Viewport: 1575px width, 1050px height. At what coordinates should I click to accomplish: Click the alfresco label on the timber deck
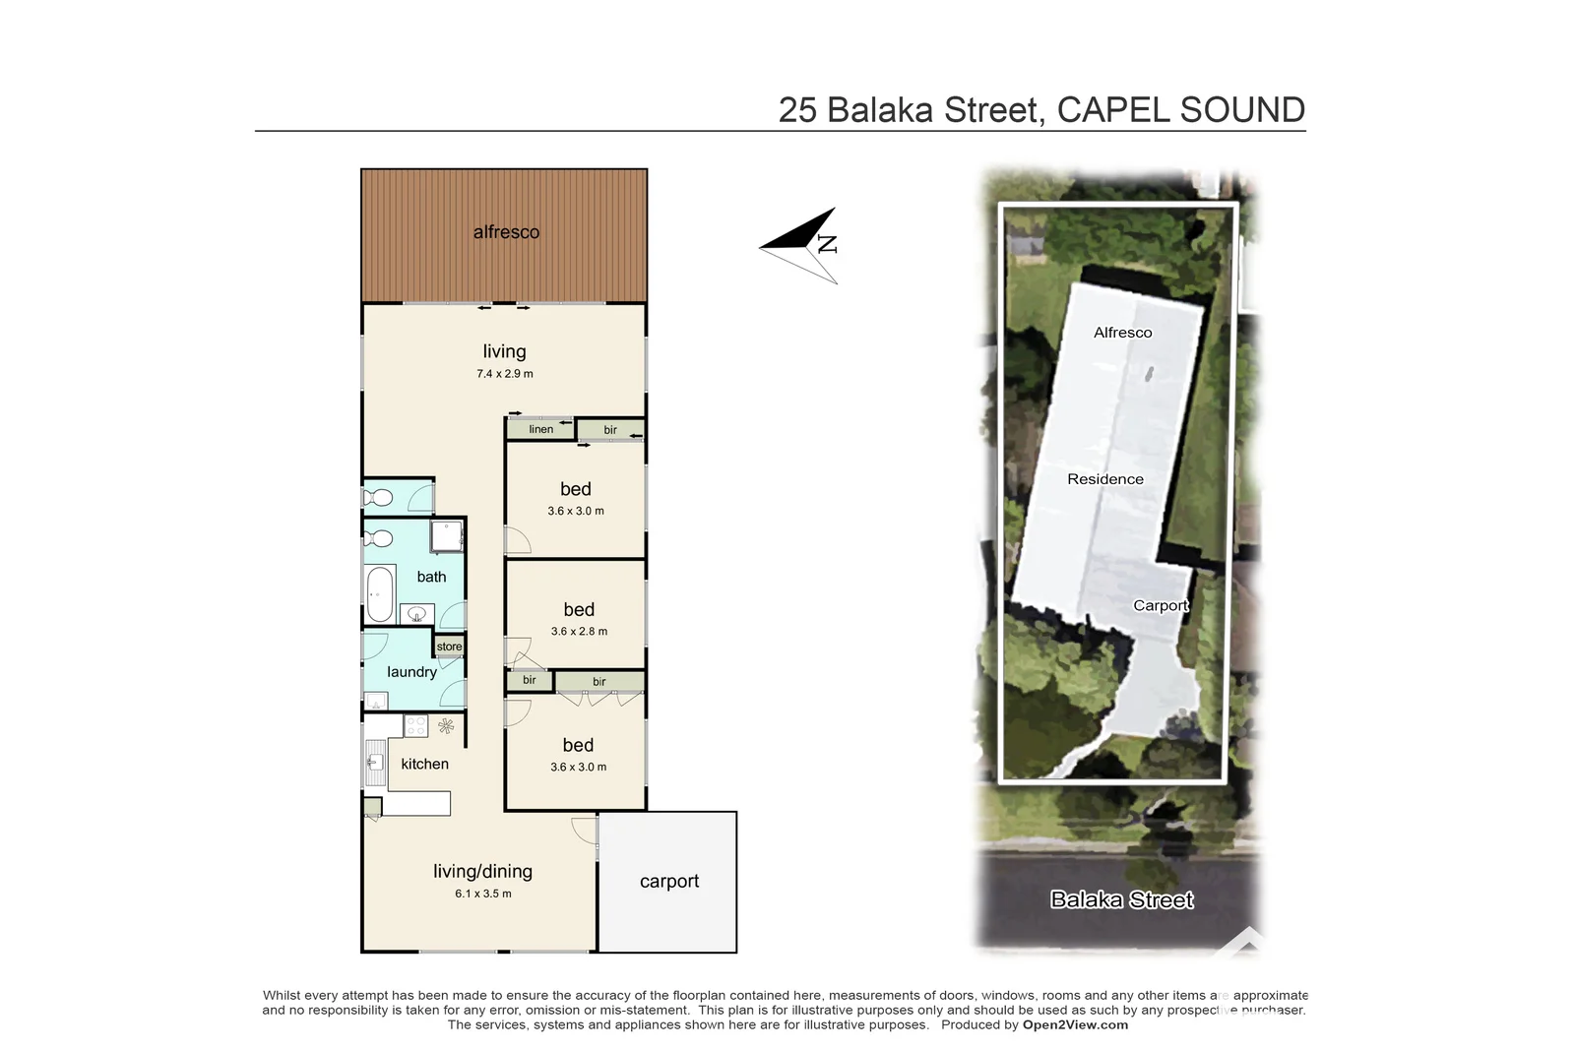(x=506, y=232)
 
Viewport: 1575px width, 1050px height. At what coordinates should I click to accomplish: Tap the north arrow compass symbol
(x=799, y=245)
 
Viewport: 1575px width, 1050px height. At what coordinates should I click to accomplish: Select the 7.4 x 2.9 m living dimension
(x=505, y=374)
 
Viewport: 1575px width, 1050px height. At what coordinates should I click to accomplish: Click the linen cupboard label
(x=540, y=429)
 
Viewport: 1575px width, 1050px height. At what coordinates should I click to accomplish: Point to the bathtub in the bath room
(x=380, y=593)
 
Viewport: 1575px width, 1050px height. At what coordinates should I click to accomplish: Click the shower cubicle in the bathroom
(x=447, y=536)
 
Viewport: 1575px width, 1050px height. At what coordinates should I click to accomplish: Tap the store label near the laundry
(x=449, y=647)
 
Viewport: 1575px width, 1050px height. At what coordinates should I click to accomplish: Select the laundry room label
(x=411, y=672)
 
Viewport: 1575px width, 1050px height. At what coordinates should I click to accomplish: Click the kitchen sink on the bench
(x=375, y=762)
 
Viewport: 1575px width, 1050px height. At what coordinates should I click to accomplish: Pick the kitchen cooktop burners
(x=416, y=726)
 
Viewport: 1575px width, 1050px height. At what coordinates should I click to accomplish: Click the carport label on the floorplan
(x=669, y=882)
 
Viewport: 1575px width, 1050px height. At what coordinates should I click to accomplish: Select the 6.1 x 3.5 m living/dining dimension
(x=483, y=894)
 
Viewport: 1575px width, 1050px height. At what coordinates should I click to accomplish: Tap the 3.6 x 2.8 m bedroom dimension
(x=579, y=632)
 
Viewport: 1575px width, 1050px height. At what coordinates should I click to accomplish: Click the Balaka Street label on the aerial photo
(x=1121, y=899)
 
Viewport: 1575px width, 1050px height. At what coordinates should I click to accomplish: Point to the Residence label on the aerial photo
(x=1105, y=479)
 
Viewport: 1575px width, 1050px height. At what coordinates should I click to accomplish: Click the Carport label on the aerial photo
(x=1161, y=605)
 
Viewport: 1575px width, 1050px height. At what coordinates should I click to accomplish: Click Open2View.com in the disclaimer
(x=1075, y=1024)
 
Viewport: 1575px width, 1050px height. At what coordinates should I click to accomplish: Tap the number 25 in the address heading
(x=797, y=110)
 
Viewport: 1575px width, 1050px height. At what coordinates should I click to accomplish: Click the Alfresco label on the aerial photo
(x=1122, y=333)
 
